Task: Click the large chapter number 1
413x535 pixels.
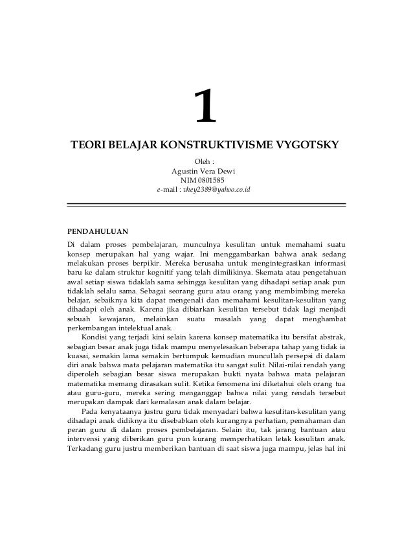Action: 206,108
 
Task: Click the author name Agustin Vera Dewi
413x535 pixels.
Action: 203,171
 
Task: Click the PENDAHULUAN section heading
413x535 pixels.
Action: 98,231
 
